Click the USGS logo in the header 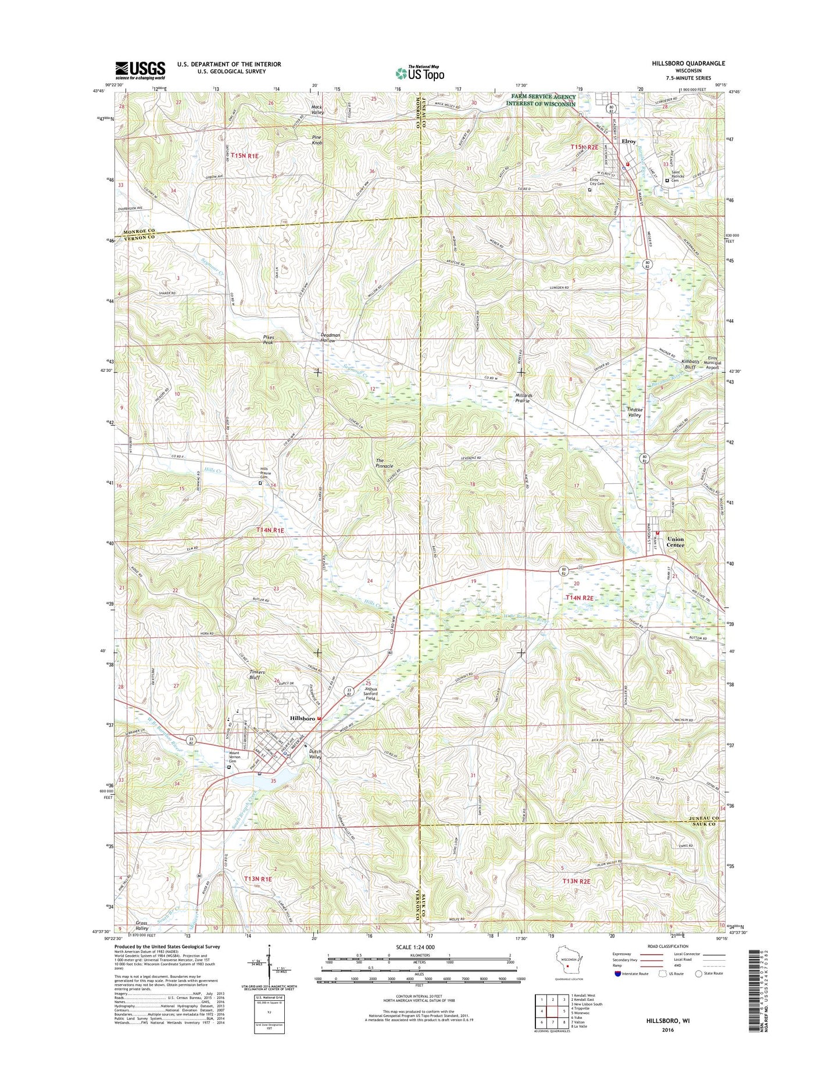140,71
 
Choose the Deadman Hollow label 328,337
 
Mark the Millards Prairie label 523,398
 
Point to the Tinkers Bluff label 257,675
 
